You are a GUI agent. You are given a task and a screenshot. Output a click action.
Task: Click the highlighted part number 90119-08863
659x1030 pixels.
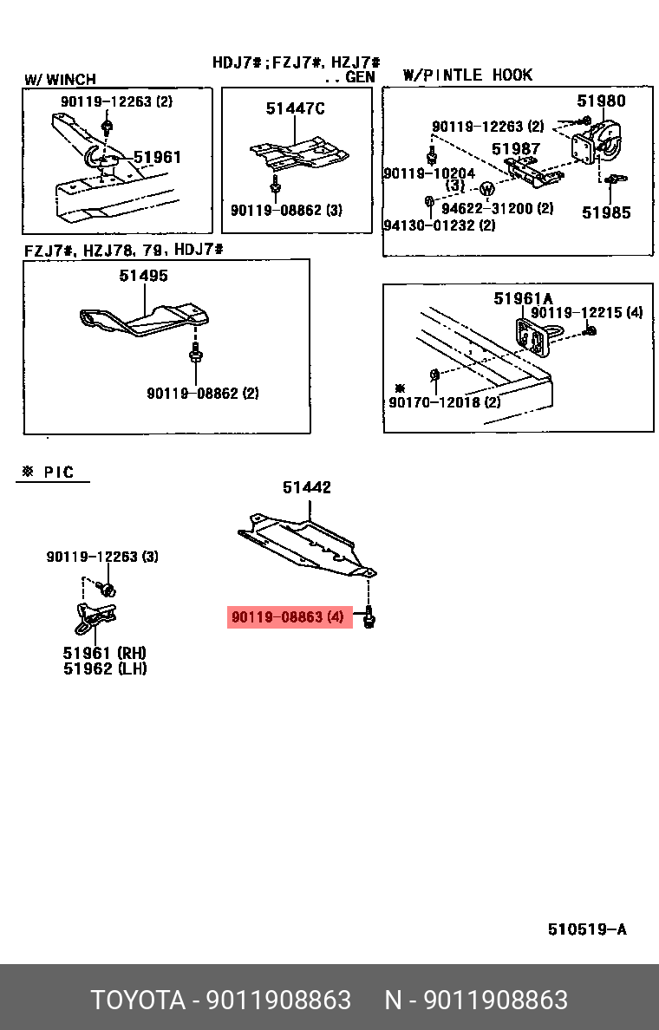pyautogui.click(x=288, y=617)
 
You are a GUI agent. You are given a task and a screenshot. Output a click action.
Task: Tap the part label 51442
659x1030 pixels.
pyautogui.click(x=306, y=488)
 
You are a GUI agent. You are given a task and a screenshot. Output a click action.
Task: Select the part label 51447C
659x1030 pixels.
pyautogui.click(x=295, y=108)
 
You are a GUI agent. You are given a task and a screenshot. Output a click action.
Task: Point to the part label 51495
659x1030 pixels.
pyautogui.click(x=144, y=276)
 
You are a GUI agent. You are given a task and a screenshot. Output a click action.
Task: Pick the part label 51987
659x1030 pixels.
pyautogui.click(x=516, y=149)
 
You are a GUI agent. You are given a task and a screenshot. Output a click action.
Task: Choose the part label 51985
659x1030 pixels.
pyautogui.click(x=606, y=212)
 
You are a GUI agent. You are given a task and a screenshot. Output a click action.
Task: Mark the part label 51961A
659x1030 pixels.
pyautogui.click(x=523, y=298)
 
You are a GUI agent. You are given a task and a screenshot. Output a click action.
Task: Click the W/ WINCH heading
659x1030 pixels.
pyautogui.click(x=60, y=80)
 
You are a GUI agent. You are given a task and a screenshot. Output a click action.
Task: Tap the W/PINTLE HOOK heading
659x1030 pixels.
pyautogui.click(x=467, y=75)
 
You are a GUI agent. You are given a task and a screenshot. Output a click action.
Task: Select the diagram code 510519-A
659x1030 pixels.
pyautogui.click(x=586, y=929)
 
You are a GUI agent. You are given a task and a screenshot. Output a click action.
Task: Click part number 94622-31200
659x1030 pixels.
pyautogui.click(x=497, y=208)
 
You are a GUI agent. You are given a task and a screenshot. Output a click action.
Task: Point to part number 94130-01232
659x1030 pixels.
pyautogui.click(x=439, y=225)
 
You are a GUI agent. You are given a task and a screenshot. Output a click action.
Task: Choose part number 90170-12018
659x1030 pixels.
pyautogui.click(x=444, y=402)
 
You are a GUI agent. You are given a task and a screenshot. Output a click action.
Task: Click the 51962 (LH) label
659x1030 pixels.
pyautogui.click(x=105, y=668)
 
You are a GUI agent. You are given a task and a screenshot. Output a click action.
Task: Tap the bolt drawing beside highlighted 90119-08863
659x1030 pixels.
pyautogui.click(x=369, y=618)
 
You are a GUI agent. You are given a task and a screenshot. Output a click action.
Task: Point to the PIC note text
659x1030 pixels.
pyautogui.click(x=51, y=473)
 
